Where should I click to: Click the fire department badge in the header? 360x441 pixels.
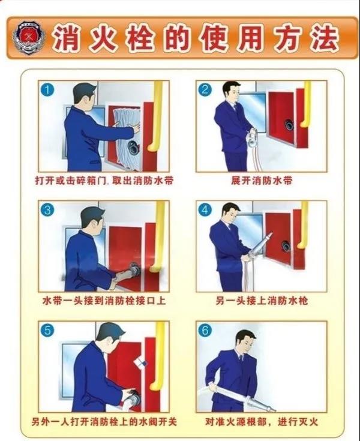[29, 38]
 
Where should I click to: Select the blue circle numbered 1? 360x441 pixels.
[47, 89]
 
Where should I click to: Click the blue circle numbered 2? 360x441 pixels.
[205, 89]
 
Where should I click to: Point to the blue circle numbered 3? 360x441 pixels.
[47, 210]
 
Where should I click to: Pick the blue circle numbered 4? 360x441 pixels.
[205, 210]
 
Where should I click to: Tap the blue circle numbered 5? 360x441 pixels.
[47, 330]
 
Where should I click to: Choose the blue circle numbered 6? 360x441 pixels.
[205, 330]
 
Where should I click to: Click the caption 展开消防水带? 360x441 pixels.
[262, 181]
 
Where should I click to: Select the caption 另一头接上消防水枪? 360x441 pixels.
[262, 301]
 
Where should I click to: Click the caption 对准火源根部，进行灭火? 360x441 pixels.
[262, 422]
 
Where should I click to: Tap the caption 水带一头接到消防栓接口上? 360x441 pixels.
[104, 301]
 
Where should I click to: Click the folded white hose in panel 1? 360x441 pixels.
[126, 137]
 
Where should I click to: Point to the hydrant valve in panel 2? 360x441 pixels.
[289, 125]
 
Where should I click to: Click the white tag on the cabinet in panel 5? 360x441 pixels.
[141, 362]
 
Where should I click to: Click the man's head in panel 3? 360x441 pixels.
[92, 220]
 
